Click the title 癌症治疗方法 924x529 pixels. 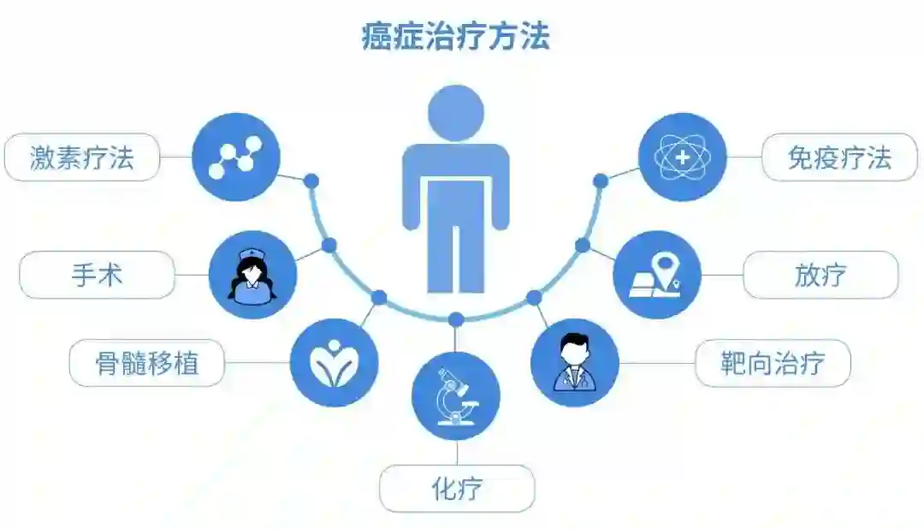455,37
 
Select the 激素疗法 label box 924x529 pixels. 82,158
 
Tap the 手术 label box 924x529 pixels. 97,275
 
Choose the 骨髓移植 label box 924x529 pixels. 146,363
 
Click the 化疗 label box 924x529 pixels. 457,489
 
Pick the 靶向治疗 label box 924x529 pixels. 773,363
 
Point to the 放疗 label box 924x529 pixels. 820,275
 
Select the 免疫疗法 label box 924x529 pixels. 838,158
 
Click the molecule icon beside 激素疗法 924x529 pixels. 236,158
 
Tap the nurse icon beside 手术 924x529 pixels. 252,275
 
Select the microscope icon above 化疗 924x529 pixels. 456,396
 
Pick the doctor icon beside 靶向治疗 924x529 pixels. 574,363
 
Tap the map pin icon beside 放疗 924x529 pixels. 656,275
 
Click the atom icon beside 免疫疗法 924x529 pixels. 682,158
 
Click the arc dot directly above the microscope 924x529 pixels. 456,319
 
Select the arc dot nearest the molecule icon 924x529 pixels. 311,181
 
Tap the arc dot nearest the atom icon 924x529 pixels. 601,181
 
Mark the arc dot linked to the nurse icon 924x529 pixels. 329,246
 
